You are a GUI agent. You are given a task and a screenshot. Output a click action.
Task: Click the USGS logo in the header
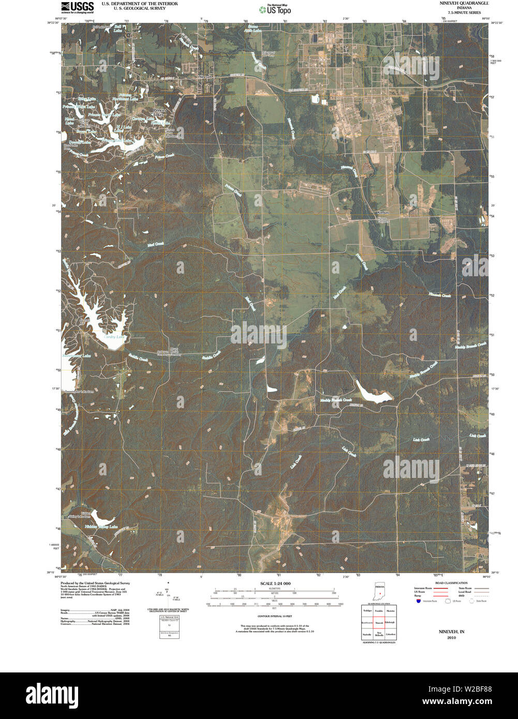click(x=77, y=7)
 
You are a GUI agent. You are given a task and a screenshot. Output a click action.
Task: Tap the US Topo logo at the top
click(x=274, y=9)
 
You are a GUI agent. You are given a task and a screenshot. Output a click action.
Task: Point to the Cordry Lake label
click(x=114, y=337)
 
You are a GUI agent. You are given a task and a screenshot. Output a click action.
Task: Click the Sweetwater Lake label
click(x=77, y=356)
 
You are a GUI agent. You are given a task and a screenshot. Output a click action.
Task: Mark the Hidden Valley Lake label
click(x=100, y=527)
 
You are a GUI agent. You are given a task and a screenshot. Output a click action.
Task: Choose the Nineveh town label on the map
click(x=205, y=76)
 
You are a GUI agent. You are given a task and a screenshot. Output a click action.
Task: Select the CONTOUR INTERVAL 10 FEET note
click(x=274, y=617)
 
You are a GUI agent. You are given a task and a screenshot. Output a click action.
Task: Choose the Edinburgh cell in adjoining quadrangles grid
click(x=391, y=622)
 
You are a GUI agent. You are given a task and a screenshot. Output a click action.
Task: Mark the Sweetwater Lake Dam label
click(x=79, y=392)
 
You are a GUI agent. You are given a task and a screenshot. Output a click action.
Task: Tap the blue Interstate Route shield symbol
click(x=418, y=601)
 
